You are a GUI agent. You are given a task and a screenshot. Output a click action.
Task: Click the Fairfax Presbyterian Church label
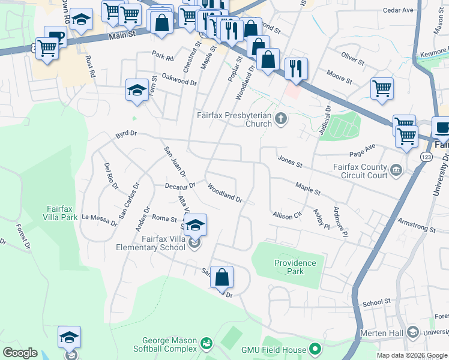[235, 119]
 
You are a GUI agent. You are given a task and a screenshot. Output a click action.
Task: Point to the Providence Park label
[295, 267]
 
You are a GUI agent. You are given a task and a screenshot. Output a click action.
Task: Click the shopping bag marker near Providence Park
[221, 277]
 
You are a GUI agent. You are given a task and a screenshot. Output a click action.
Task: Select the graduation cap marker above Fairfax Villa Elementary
[194, 225]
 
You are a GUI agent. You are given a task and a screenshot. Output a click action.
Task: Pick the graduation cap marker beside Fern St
[137, 91]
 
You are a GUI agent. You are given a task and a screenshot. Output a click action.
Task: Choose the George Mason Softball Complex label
[164, 345]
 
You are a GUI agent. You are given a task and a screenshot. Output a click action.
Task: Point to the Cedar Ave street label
[399, 10]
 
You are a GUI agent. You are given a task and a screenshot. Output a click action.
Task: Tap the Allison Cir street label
[286, 215]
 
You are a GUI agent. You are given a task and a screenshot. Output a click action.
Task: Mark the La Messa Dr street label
[100, 220]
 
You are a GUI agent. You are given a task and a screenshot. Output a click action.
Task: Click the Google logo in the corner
[20, 353]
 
